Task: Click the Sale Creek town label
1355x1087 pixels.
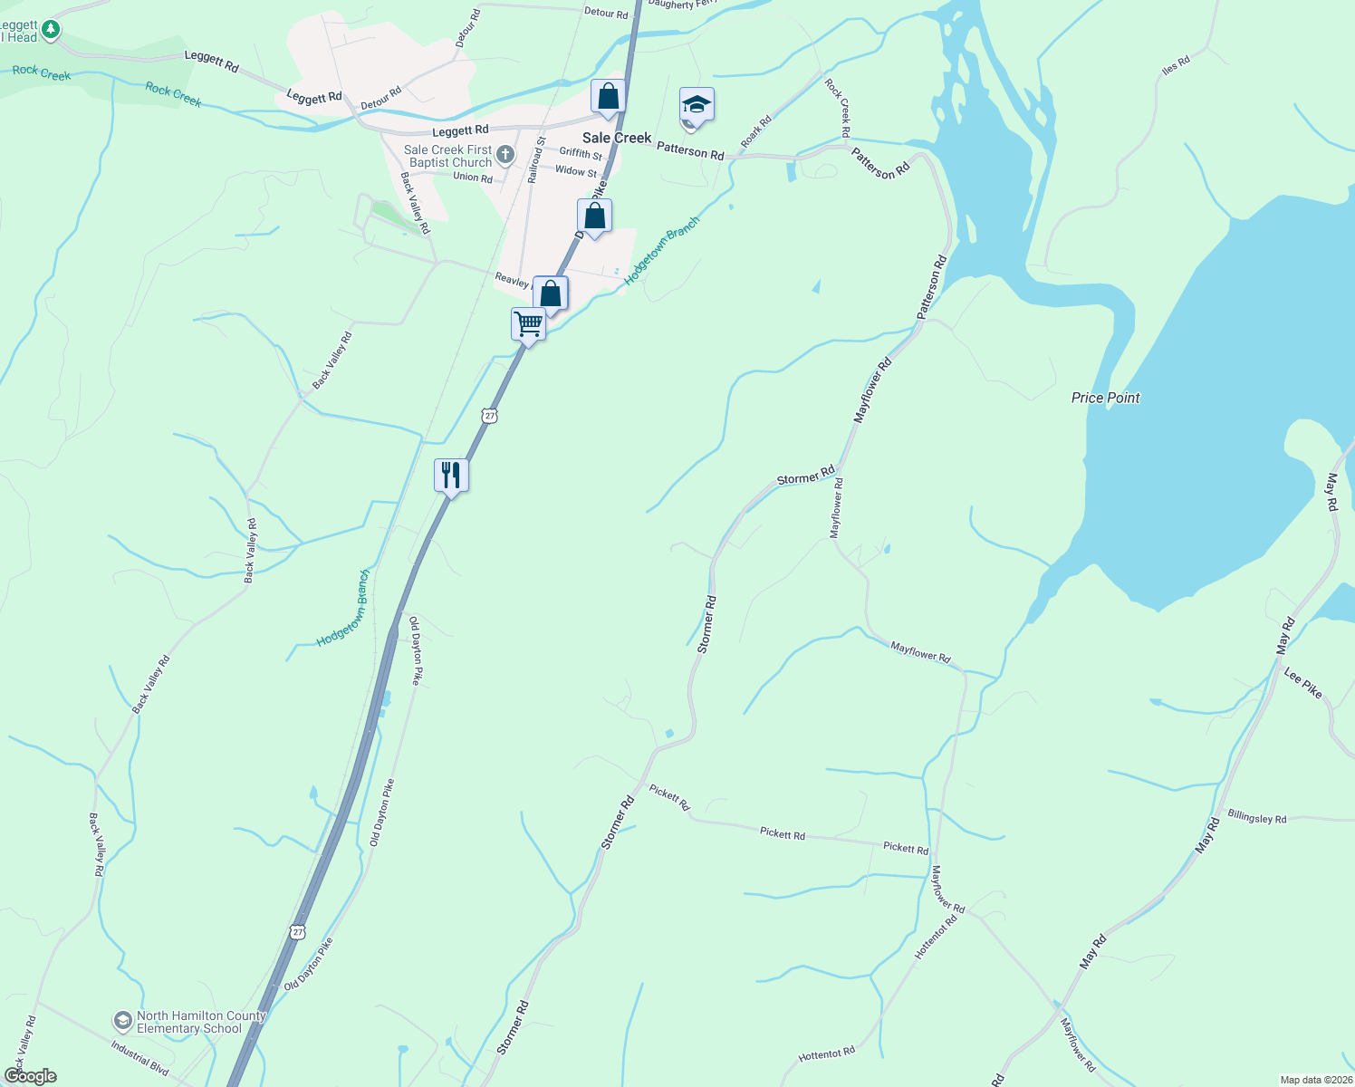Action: tap(617, 138)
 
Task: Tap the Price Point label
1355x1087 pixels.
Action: tap(1105, 398)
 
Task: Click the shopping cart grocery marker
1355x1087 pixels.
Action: tap(528, 323)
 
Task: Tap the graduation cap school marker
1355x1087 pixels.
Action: tap(697, 106)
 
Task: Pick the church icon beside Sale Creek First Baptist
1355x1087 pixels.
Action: tap(505, 156)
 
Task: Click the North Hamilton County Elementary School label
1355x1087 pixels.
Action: tap(201, 1022)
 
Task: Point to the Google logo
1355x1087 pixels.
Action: tap(31, 1076)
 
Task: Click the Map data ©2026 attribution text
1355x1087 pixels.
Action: tap(1315, 1080)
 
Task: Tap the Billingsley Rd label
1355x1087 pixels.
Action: tap(1256, 818)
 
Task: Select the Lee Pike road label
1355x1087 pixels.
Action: tap(1303, 682)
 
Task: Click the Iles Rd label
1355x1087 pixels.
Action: tap(1176, 65)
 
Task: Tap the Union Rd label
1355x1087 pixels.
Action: tap(473, 178)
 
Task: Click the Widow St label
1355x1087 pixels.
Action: tap(576, 171)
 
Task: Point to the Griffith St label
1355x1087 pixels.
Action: tap(581, 154)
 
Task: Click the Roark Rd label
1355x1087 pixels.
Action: tap(755, 131)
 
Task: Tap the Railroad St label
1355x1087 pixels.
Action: tap(537, 159)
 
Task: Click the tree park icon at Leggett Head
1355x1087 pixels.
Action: tap(51, 31)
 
